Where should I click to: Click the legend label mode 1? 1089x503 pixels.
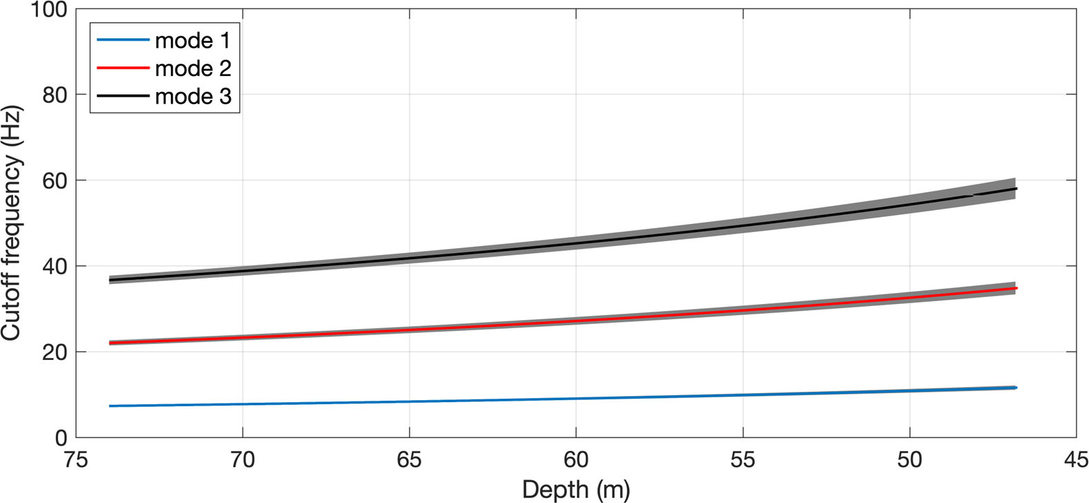pyautogui.click(x=192, y=41)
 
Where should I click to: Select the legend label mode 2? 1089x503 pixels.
pyautogui.click(x=192, y=68)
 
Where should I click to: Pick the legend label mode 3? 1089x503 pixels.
pyautogui.click(x=192, y=96)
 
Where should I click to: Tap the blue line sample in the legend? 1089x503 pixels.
pyautogui.click(x=123, y=40)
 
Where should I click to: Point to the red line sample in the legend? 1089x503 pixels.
pyautogui.click(x=123, y=68)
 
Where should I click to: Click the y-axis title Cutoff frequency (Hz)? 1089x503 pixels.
pyautogui.click(x=12, y=222)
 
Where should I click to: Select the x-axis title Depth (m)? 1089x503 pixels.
pyautogui.click(x=576, y=489)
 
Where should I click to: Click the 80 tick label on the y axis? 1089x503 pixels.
pyautogui.click(x=55, y=95)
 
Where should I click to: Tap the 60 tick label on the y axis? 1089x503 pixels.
pyautogui.click(x=55, y=180)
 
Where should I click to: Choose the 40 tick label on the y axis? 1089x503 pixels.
pyautogui.click(x=55, y=266)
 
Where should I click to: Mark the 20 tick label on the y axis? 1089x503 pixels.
pyautogui.click(x=55, y=352)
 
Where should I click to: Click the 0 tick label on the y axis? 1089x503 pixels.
pyautogui.click(x=61, y=437)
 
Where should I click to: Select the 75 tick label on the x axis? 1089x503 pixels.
pyautogui.click(x=76, y=459)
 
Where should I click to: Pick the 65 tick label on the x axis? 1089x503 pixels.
pyautogui.click(x=409, y=459)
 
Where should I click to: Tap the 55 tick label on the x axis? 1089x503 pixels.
pyautogui.click(x=743, y=459)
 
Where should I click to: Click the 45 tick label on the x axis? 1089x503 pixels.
pyautogui.click(x=1076, y=459)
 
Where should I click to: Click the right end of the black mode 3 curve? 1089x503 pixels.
pyautogui.click(x=1016, y=189)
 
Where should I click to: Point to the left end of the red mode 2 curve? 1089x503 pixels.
pyautogui.click(x=110, y=343)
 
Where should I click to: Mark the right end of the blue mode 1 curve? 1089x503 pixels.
pyautogui.click(x=1016, y=388)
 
